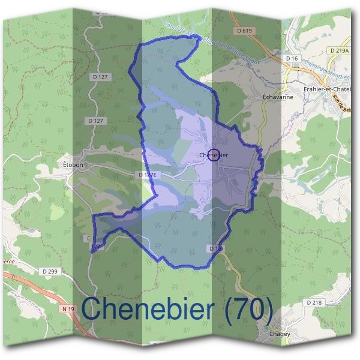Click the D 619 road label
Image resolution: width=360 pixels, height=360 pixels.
[x=245, y=31]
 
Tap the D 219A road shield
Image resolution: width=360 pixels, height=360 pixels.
[x=340, y=51]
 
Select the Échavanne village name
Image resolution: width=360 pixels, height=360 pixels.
[x=277, y=96]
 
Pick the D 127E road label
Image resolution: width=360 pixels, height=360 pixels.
[x=147, y=175]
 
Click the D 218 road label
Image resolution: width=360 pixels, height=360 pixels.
[x=314, y=303]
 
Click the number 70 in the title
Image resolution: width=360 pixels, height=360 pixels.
[x=250, y=310]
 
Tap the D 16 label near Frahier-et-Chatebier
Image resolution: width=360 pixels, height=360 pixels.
[x=293, y=58]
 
